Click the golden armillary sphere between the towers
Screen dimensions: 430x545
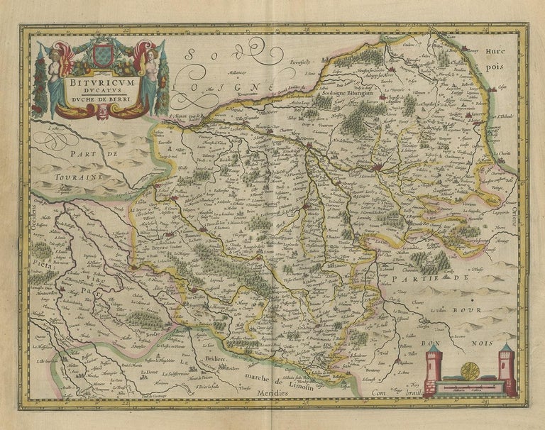click(470, 370)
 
